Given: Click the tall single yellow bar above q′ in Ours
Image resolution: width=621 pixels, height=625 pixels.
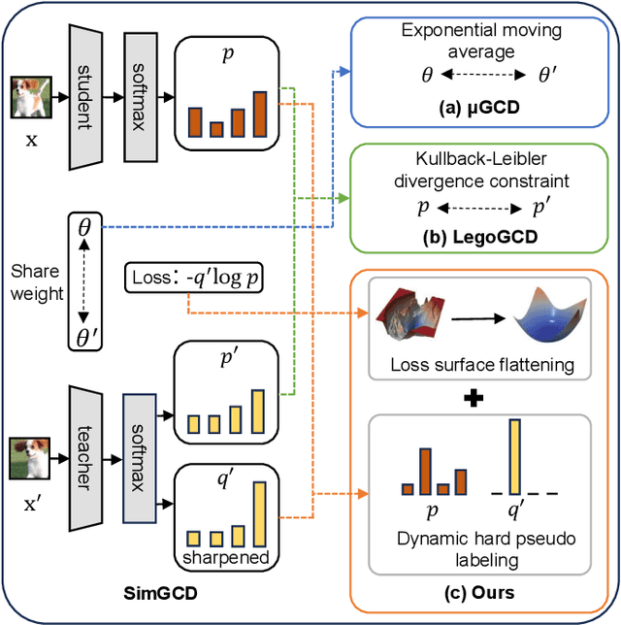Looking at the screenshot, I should point(514,456).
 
